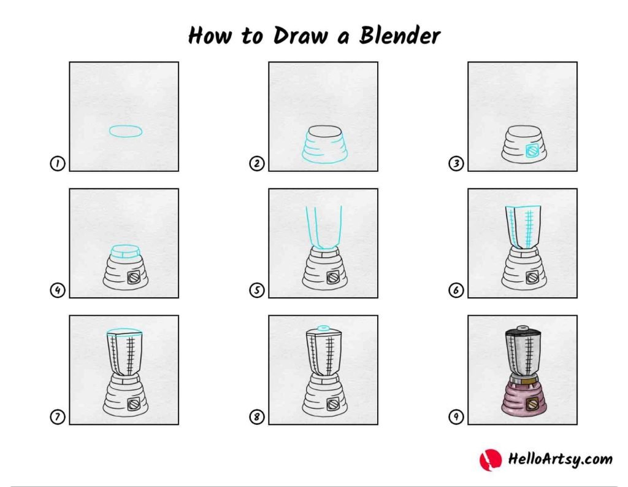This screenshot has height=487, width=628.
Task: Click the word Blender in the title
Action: (399, 35)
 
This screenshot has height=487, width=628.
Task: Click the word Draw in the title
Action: (301, 35)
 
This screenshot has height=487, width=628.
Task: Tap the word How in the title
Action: (210, 35)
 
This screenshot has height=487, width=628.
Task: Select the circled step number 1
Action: (57, 163)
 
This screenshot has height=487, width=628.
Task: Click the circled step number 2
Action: (257, 163)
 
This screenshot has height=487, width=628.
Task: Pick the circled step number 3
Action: (456, 163)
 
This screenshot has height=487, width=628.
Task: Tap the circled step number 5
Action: (257, 290)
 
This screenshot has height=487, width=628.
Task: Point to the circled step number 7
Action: (57, 417)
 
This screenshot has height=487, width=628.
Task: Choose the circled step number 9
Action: (456, 417)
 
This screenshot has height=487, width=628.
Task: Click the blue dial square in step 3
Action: (532, 151)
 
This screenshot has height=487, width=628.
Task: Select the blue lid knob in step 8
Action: (323, 328)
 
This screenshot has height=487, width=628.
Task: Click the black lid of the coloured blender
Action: (523, 333)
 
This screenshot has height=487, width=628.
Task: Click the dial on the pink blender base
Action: (532, 404)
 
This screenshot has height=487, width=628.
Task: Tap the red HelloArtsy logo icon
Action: (490, 460)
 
